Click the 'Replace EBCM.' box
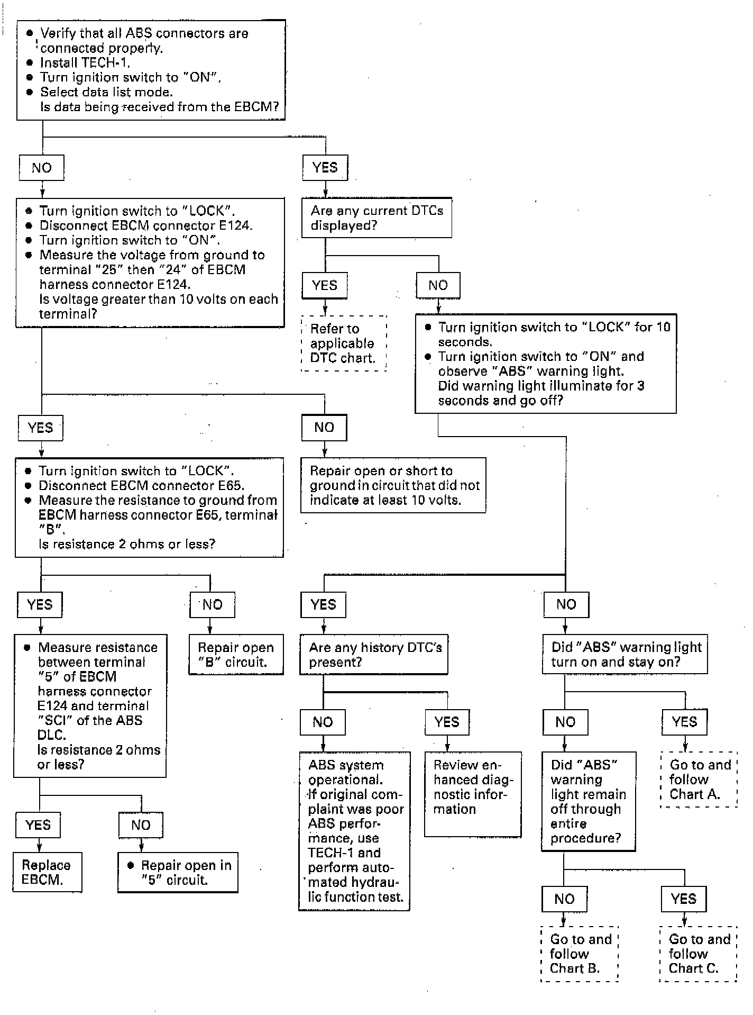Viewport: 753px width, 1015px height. [x=48, y=872]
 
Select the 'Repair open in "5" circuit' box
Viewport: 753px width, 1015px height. [x=178, y=872]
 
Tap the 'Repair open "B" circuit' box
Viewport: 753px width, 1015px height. [x=236, y=655]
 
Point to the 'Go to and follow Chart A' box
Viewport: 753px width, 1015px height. [x=699, y=779]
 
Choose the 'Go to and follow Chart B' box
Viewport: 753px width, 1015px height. [x=580, y=954]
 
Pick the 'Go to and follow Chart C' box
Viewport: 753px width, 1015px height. [x=698, y=954]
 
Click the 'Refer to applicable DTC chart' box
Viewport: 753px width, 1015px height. [x=344, y=343]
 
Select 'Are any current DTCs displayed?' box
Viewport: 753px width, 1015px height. [x=376, y=217]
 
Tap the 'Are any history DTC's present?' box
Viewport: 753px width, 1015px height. [x=374, y=655]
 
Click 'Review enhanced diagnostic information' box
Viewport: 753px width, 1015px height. [x=473, y=794]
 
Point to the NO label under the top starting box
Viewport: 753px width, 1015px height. [x=42, y=168]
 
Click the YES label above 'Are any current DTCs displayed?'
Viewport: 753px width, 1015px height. [x=325, y=168]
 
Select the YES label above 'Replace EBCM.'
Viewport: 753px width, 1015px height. [x=38, y=825]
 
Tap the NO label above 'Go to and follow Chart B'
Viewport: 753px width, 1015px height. [x=564, y=899]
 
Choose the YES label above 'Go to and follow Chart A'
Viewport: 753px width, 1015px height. [x=684, y=722]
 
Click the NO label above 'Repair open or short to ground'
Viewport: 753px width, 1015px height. [x=324, y=427]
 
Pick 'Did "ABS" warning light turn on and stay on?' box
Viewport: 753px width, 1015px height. [x=625, y=655]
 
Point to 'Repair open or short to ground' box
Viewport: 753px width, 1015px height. [x=393, y=485]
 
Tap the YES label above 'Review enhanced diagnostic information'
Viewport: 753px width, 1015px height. [x=447, y=722]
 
